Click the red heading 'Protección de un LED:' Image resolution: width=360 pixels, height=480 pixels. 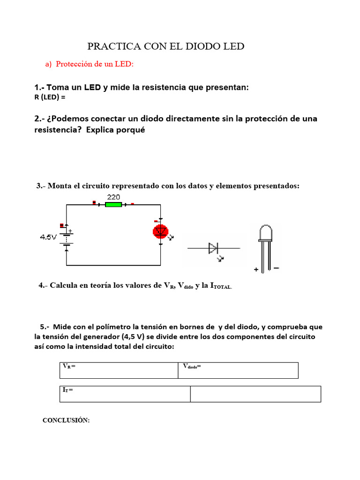tap(95, 64)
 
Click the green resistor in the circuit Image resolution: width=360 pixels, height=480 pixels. tap(113, 204)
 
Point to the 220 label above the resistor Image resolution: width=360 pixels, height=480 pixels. tap(114, 197)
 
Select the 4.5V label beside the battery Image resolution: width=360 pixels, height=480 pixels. tap(48, 237)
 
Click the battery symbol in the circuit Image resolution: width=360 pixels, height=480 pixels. tap(66, 238)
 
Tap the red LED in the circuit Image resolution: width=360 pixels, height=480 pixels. tap(160, 231)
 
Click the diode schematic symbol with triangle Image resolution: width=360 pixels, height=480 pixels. tap(213, 248)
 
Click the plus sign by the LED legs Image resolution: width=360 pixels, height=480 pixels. tap(256, 270)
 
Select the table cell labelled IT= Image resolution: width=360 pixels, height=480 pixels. tap(125, 394)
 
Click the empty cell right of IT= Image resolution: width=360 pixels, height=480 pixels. tap(255, 394)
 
